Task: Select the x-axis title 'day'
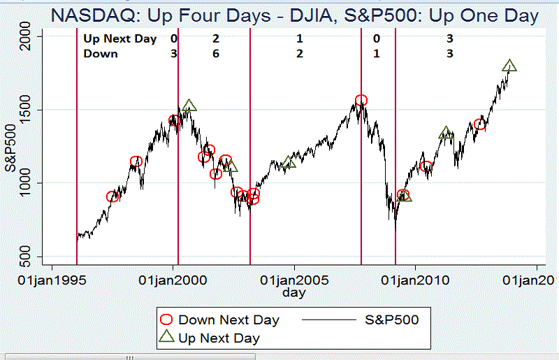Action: pyautogui.click(x=294, y=293)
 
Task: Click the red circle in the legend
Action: pyautogui.click(x=167, y=320)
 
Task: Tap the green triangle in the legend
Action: pyautogui.click(x=167, y=338)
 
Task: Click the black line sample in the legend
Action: pyautogui.click(x=329, y=320)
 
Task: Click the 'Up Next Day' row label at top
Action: pyautogui.click(x=119, y=39)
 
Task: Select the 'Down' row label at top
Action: pyautogui.click(x=101, y=53)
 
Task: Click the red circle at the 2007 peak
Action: pyautogui.click(x=361, y=101)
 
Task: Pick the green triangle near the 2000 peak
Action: pyautogui.click(x=189, y=106)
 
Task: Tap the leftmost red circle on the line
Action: pyautogui.click(x=112, y=197)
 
